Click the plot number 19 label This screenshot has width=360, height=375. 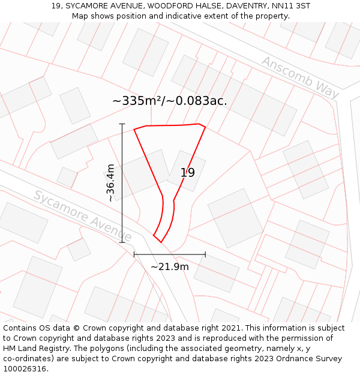point(187,173)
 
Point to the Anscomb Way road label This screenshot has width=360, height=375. point(300,78)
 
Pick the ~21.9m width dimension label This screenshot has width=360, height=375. point(169,267)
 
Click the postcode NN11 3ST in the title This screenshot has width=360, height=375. point(290,6)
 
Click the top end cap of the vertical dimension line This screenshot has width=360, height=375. point(122,124)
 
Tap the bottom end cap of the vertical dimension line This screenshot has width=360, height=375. point(122,242)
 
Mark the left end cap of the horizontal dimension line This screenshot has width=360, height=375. point(134,254)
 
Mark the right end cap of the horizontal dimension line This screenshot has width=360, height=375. point(205,254)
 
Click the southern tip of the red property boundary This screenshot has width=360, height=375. point(160,242)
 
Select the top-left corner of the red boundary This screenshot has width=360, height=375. point(134,129)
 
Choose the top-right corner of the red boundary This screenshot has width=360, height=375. point(204,127)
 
